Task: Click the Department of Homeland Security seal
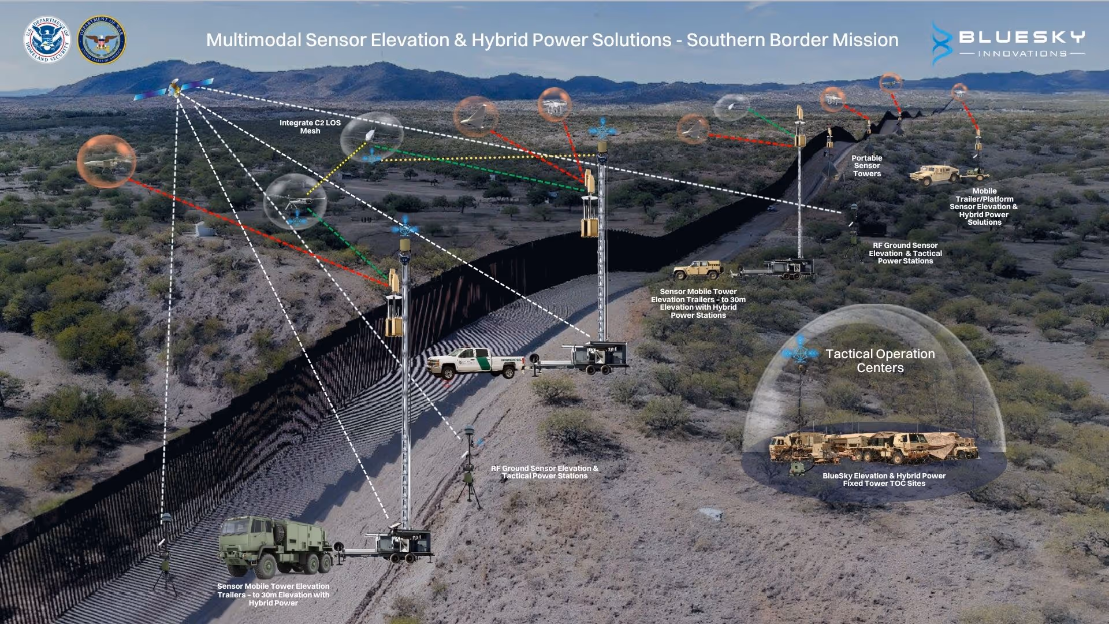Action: click(47, 40)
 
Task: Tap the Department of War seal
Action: click(102, 40)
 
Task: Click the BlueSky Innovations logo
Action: click(1008, 43)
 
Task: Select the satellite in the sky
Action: click(174, 89)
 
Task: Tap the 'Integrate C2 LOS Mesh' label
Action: click(310, 127)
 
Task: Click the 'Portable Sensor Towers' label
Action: click(866, 166)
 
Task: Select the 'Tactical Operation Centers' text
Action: click(880, 361)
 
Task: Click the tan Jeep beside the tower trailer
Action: click(698, 270)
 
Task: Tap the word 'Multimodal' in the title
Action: click(254, 40)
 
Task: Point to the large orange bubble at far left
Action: click(106, 161)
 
